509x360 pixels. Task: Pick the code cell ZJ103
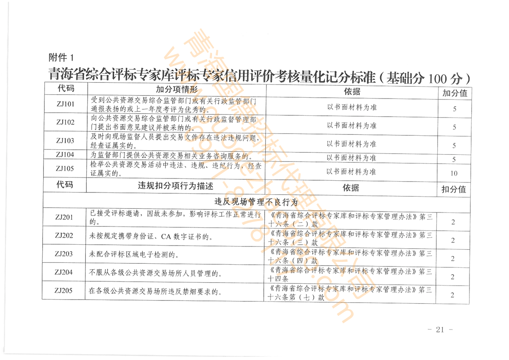tap(65, 140)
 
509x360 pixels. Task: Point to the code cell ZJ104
tap(65, 154)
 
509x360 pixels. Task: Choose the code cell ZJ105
tap(65, 168)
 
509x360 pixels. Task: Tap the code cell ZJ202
tap(64, 236)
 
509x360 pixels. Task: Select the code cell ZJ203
tap(64, 254)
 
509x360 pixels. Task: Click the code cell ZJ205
tap(64, 291)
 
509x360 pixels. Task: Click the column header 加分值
tap(454, 93)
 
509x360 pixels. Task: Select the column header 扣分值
tap(454, 189)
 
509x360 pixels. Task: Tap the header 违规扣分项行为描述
tap(175, 186)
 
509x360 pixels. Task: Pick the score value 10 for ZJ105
tap(454, 173)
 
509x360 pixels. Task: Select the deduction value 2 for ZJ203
tap(453, 258)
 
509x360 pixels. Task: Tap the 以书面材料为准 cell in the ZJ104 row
tap(351, 158)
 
